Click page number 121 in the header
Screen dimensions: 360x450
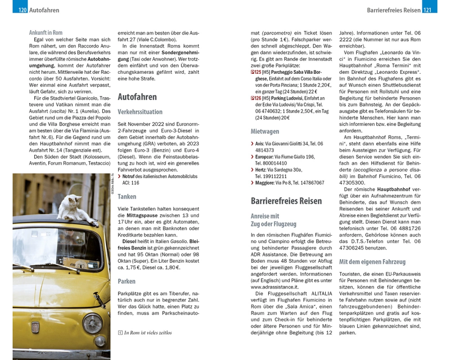428,10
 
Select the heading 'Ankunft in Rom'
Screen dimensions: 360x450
45,32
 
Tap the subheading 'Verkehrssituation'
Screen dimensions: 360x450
140,112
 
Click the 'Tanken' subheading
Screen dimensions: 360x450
127,197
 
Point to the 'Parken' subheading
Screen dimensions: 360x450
127,281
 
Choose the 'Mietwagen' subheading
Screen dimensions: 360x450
265,131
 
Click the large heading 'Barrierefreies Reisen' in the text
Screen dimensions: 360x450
286,201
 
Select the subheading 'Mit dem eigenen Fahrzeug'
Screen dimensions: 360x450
372,261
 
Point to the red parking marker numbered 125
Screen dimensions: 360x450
256,72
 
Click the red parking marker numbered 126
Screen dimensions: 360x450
256,98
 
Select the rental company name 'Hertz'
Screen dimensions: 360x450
261,170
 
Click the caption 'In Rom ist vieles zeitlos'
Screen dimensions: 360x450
148,333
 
